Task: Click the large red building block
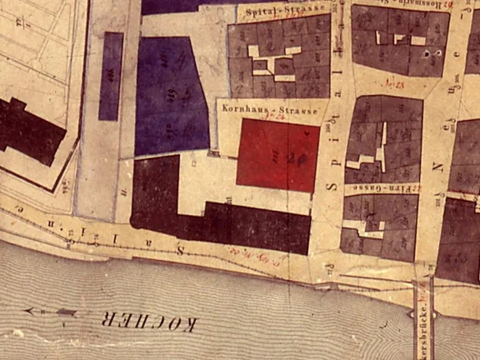(277, 155)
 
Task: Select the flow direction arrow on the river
(51, 312)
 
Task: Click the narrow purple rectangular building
(110, 76)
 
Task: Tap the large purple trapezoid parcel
(170, 96)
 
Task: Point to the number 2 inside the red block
(290, 156)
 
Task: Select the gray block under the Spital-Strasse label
(279, 58)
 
